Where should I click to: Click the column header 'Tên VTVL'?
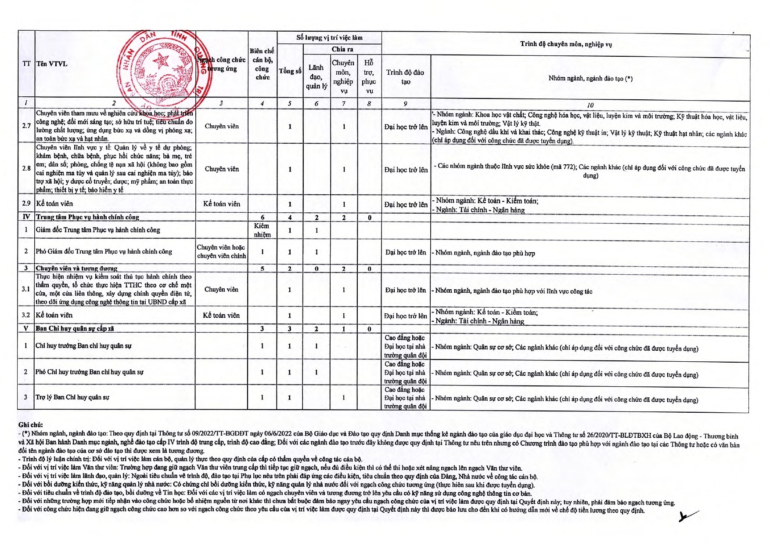click(x=52, y=64)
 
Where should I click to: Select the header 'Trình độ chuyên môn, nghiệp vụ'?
click(x=566, y=44)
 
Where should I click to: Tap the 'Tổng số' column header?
click(x=290, y=71)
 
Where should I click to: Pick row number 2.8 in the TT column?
click(x=26, y=168)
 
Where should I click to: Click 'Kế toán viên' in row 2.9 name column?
click(x=54, y=203)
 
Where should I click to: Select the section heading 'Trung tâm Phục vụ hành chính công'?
click(x=87, y=217)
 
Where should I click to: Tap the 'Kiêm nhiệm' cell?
click(x=262, y=230)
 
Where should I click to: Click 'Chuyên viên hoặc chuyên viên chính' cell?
click(x=221, y=251)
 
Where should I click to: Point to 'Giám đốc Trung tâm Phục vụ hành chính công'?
click(x=98, y=230)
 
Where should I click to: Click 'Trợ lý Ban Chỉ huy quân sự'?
click(x=72, y=397)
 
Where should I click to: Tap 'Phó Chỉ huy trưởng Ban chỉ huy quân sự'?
click(x=90, y=372)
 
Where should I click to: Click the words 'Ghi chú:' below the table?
click(x=31, y=425)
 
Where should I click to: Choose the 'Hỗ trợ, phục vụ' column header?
click(x=369, y=77)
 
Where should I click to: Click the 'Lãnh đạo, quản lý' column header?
click(x=316, y=76)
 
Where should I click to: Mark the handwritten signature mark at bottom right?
click(x=687, y=516)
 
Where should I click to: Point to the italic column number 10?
click(x=590, y=105)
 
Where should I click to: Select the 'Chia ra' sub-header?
click(x=342, y=49)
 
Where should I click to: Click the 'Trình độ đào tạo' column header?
click(x=405, y=77)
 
